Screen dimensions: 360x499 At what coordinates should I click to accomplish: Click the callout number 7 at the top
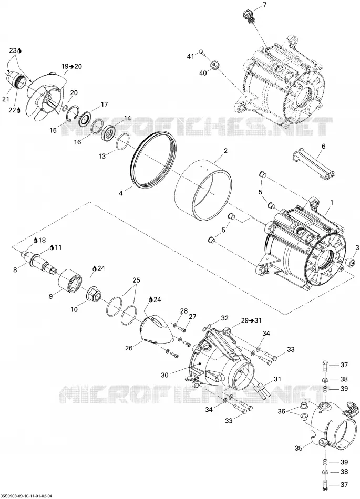(x=265, y=4)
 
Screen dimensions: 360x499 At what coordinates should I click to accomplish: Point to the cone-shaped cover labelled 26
(x=157, y=329)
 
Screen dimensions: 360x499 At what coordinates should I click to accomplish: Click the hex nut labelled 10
(x=94, y=294)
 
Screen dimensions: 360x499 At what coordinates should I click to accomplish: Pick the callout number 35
(x=298, y=449)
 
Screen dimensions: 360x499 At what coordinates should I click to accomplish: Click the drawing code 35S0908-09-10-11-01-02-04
(x=27, y=496)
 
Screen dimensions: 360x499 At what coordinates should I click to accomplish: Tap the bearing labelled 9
(x=70, y=280)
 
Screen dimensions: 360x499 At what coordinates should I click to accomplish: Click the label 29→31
(x=251, y=320)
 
